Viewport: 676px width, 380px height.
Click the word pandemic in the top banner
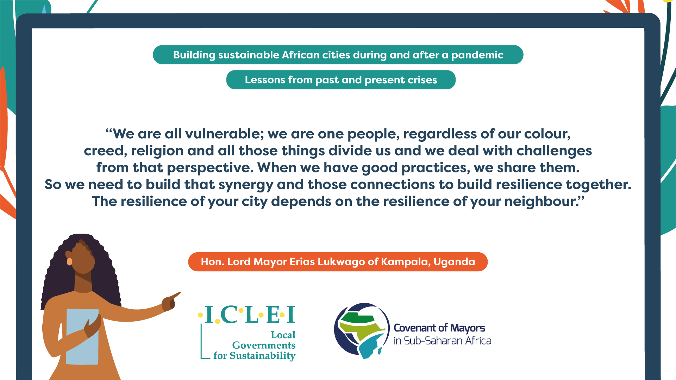(x=477, y=55)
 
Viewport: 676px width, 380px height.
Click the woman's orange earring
(x=69, y=261)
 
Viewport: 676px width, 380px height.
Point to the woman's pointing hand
(x=171, y=302)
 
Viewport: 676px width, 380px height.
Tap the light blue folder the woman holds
(x=82, y=337)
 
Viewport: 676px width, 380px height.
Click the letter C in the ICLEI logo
(x=229, y=315)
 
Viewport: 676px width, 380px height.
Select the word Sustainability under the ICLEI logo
(x=262, y=356)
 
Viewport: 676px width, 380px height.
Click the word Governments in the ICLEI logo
(x=264, y=345)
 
